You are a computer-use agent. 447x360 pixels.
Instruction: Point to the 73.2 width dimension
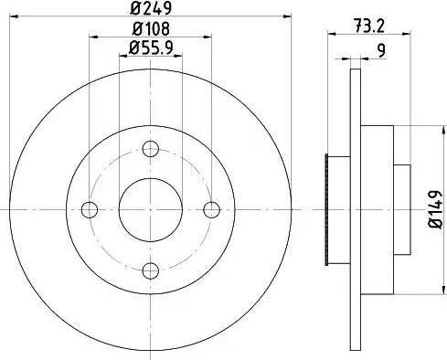click(x=366, y=26)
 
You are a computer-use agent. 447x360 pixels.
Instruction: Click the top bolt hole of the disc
click(x=152, y=149)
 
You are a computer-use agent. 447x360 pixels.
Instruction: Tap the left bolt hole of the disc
click(x=90, y=209)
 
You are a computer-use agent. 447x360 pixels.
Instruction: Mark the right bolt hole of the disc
click(x=212, y=209)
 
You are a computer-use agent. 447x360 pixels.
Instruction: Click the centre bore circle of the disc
click(x=152, y=209)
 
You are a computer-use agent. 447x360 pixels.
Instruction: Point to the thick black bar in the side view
click(x=327, y=209)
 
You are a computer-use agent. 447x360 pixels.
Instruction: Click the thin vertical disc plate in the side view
click(x=353, y=209)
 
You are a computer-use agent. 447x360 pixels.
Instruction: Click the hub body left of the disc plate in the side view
click(x=340, y=209)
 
